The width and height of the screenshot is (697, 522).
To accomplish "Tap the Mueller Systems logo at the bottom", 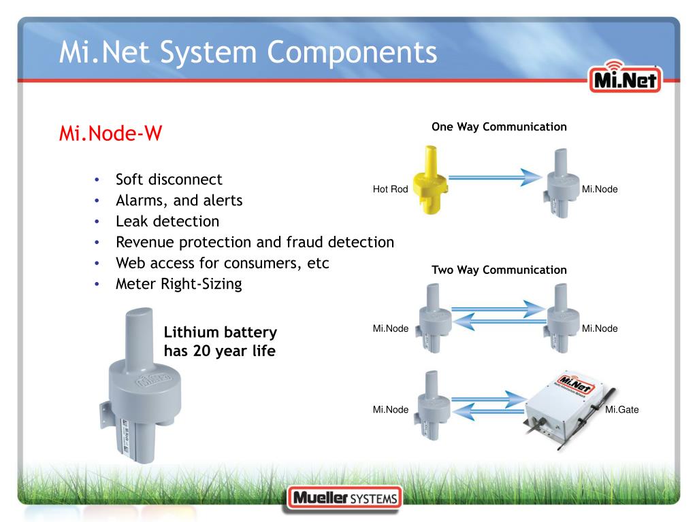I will pyautogui.click(x=344, y=499).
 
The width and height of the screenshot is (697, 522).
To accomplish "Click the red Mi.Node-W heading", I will pyautogui.click(x=110, y=133).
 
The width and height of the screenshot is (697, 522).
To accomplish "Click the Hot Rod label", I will pyautogui.click(x=390, y=189).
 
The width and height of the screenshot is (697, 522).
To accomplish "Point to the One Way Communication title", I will pyautogui.click(x=499, y=127).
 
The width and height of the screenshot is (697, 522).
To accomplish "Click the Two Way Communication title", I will pyautogui.click(x=499, y=270).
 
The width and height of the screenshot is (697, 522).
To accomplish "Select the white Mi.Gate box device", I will pyautogui.click(x=566, y=406).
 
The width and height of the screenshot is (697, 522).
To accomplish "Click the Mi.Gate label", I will pyautogui.click(x=621, y=409).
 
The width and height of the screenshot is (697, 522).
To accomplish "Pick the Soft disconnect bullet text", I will pyautogui.click(x=169, y=180).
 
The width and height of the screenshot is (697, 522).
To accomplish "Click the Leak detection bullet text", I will pyautogui.click(x=167, y=222).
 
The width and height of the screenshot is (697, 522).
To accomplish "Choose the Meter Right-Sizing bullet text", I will pyautogui.click(x=178, y=284).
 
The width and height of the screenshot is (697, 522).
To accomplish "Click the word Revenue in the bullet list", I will pyautogui.click(x=144, y=242).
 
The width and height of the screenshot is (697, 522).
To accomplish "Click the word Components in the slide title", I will pyautogui.click(x=351, y=52).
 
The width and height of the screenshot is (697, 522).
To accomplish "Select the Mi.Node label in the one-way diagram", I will pyautogui.click(x=600, y=189).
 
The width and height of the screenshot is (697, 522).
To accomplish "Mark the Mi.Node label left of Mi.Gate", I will pyautogui.click(x=391, y=409).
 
